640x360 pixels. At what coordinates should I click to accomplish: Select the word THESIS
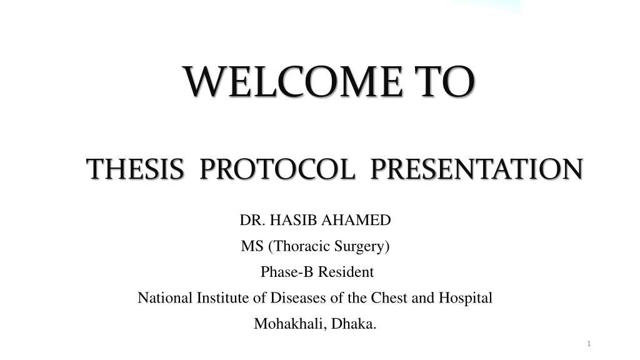point(135,169)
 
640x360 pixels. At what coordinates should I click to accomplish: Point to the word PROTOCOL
point(277,169)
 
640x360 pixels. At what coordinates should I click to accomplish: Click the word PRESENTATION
point(477,169)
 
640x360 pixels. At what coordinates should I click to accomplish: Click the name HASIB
point(294,220)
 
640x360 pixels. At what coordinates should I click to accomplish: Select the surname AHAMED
point(356,220)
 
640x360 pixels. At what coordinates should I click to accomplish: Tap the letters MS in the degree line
point(252,246)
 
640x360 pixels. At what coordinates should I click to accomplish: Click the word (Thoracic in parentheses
point(299,246)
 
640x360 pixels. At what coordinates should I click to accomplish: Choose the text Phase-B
point(287,272)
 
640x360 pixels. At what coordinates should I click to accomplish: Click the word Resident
point(346,272)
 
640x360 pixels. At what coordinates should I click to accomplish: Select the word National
point(165,298)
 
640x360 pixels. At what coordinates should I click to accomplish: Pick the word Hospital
point(466,299)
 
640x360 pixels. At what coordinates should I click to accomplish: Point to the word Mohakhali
point(291,324)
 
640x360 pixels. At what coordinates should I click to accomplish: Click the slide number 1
point(589,344)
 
